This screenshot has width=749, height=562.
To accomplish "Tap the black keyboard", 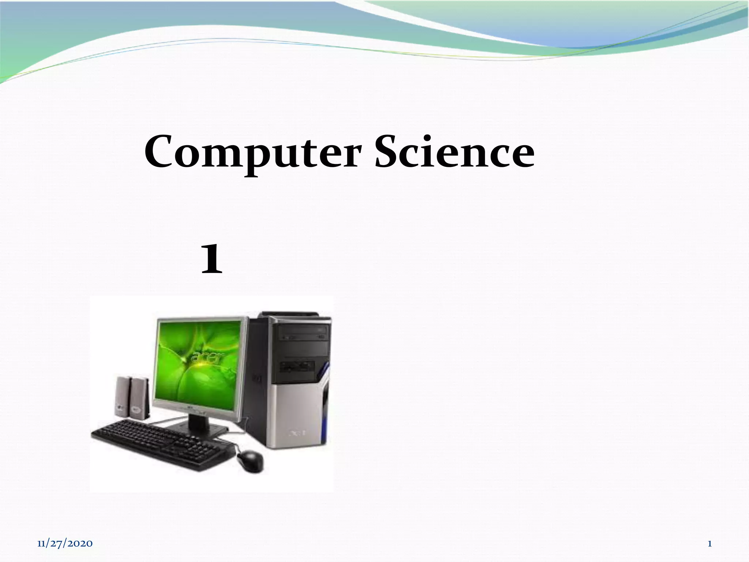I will pyautogui.click(x=161, y=445).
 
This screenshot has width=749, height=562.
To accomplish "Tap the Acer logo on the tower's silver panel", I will pyautogui.click(x=297, y=434).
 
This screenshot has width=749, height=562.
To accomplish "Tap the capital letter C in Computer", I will pyautogui.click(x=159, y=151).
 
